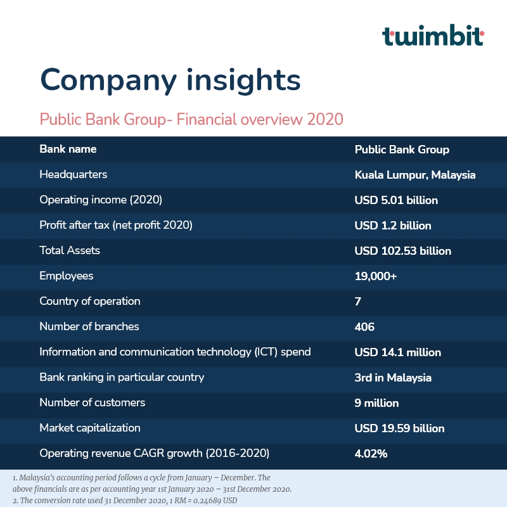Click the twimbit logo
(433, 35)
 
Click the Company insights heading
(170, 80)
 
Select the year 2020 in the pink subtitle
(325, 119)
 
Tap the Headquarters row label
(73, 175)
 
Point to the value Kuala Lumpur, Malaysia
(415, 175)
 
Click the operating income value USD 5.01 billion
(396, 200)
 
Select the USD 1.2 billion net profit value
(393, 226)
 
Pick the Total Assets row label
(70, 250)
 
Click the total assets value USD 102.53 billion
(402, 251)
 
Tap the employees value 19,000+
(375, 276)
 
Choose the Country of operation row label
(89, 301)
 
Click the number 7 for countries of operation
(357, 302)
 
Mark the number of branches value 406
(364, 327)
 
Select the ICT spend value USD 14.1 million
(398, 352)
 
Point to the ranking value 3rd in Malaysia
(393, 378)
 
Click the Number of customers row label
(92, 402)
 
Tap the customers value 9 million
(376, 403)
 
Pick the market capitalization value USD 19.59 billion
(399, 428)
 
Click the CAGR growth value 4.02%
(371, 454)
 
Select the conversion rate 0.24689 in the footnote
(207, 501)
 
